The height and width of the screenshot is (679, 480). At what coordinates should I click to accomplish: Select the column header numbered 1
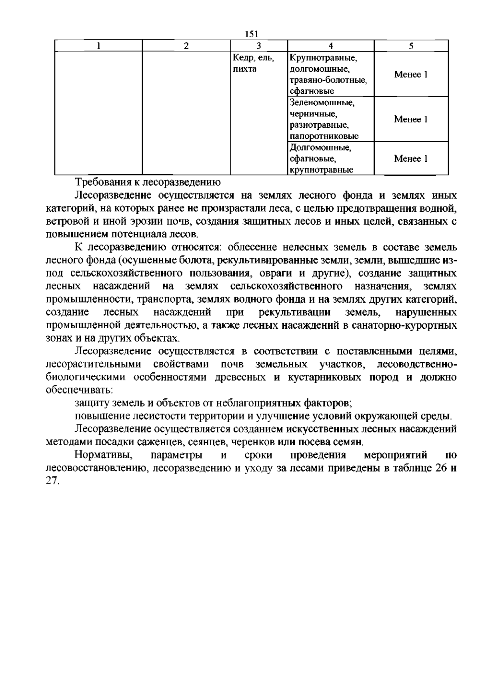pos(99,46)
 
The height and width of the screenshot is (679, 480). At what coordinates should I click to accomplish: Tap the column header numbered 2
pos(186,46)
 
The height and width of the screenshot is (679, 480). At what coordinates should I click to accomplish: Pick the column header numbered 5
pos(411,46)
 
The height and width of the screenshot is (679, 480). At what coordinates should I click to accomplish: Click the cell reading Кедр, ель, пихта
pos(253,63)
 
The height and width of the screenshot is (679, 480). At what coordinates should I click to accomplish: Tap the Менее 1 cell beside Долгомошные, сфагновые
pos(411,159)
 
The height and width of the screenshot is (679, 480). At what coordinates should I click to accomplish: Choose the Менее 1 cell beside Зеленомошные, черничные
pos(411,119)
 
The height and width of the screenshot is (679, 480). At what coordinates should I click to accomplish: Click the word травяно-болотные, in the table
pos(328,80)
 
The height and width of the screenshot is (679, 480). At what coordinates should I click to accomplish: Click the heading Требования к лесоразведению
pos(148,183)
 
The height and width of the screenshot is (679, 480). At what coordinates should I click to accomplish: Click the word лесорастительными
pos(94,364)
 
